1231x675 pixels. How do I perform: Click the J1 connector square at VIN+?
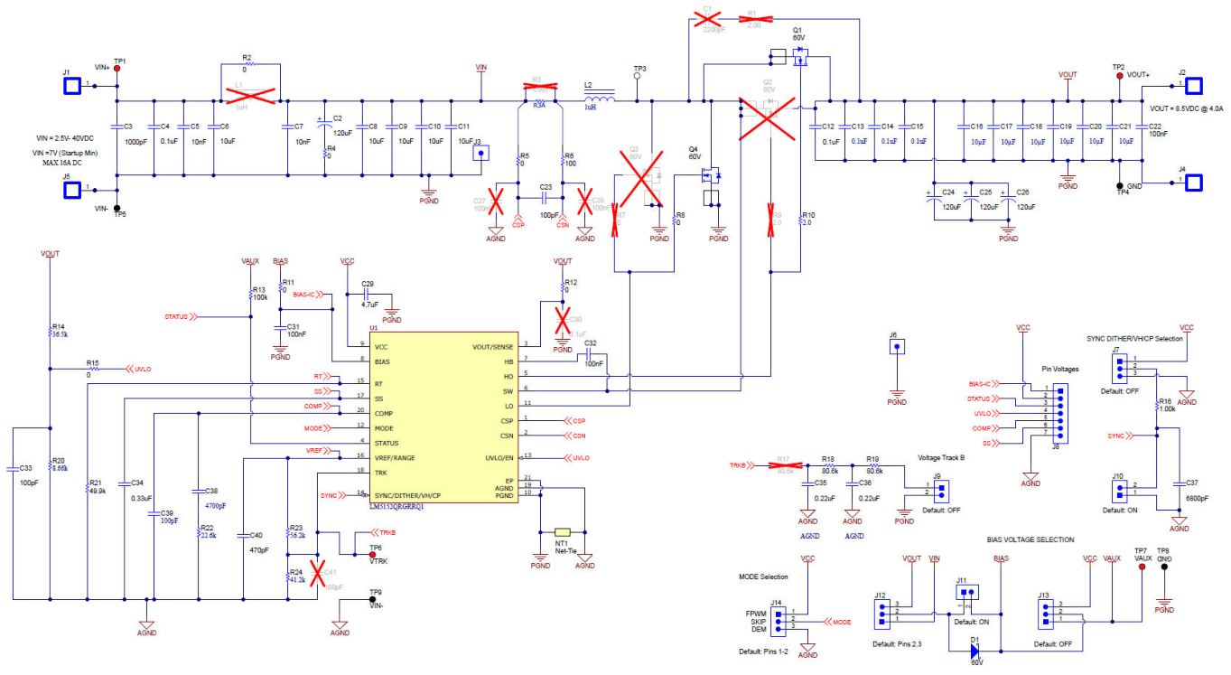coord(71,86)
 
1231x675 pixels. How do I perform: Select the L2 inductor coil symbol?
coord(599,94)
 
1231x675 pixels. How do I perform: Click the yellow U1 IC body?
coord(442,421)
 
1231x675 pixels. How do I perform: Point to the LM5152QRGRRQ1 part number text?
coord(396,506)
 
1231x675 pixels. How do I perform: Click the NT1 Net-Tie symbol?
coord(563,532)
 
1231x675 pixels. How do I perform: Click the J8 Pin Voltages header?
coord(1059,415)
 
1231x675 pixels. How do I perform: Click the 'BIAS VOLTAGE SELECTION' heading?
coord(1030,539)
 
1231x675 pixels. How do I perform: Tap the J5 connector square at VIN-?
coord(71,190)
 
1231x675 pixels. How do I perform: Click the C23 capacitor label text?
coord(546,187)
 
